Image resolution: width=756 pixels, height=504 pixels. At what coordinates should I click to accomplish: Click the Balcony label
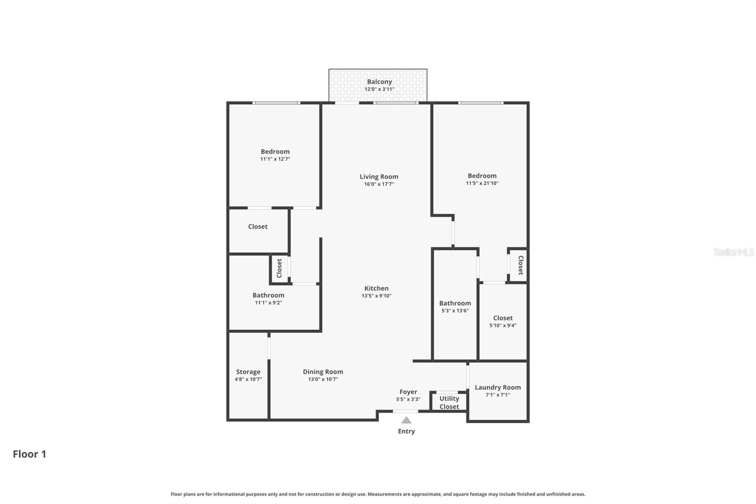point(379,82)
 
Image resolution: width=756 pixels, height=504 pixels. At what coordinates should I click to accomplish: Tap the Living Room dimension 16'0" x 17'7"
point(379,184)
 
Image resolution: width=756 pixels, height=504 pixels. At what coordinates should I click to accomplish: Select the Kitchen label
point(377,288)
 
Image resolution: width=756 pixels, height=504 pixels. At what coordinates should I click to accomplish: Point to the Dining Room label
point(323,372)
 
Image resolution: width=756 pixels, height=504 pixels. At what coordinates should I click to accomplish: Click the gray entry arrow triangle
point(406,420)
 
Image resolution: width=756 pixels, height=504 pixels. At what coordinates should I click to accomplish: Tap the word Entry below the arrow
point(406,431)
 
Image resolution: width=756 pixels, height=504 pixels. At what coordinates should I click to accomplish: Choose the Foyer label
point(408,391)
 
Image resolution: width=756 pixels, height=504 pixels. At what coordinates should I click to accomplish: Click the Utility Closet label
point(449,402)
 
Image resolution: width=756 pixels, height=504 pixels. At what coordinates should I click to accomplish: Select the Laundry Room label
point(498,387)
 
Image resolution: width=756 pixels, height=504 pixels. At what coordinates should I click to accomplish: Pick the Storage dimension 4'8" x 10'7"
point(248,379)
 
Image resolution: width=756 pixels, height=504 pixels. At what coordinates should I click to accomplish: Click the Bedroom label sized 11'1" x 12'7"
point(275,152)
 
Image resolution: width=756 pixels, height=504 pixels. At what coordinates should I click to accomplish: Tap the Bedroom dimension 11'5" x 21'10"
point(482,183)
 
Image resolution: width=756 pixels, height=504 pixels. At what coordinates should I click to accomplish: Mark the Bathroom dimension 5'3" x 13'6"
point(455,311)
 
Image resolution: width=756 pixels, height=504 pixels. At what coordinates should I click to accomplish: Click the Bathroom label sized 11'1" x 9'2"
point(268,295)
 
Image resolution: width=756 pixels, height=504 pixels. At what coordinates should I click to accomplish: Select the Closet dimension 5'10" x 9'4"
point(503,325)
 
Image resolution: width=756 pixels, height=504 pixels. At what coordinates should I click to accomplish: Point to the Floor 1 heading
point(29,454)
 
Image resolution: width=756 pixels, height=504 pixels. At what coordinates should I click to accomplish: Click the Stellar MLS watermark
point(733,252)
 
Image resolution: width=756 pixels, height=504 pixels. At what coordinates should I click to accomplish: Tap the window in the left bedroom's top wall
point(276,103)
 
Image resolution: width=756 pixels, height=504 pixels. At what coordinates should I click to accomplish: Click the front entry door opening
point(405,411)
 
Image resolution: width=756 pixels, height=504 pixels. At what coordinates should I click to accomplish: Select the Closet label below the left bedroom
point(258,226)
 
